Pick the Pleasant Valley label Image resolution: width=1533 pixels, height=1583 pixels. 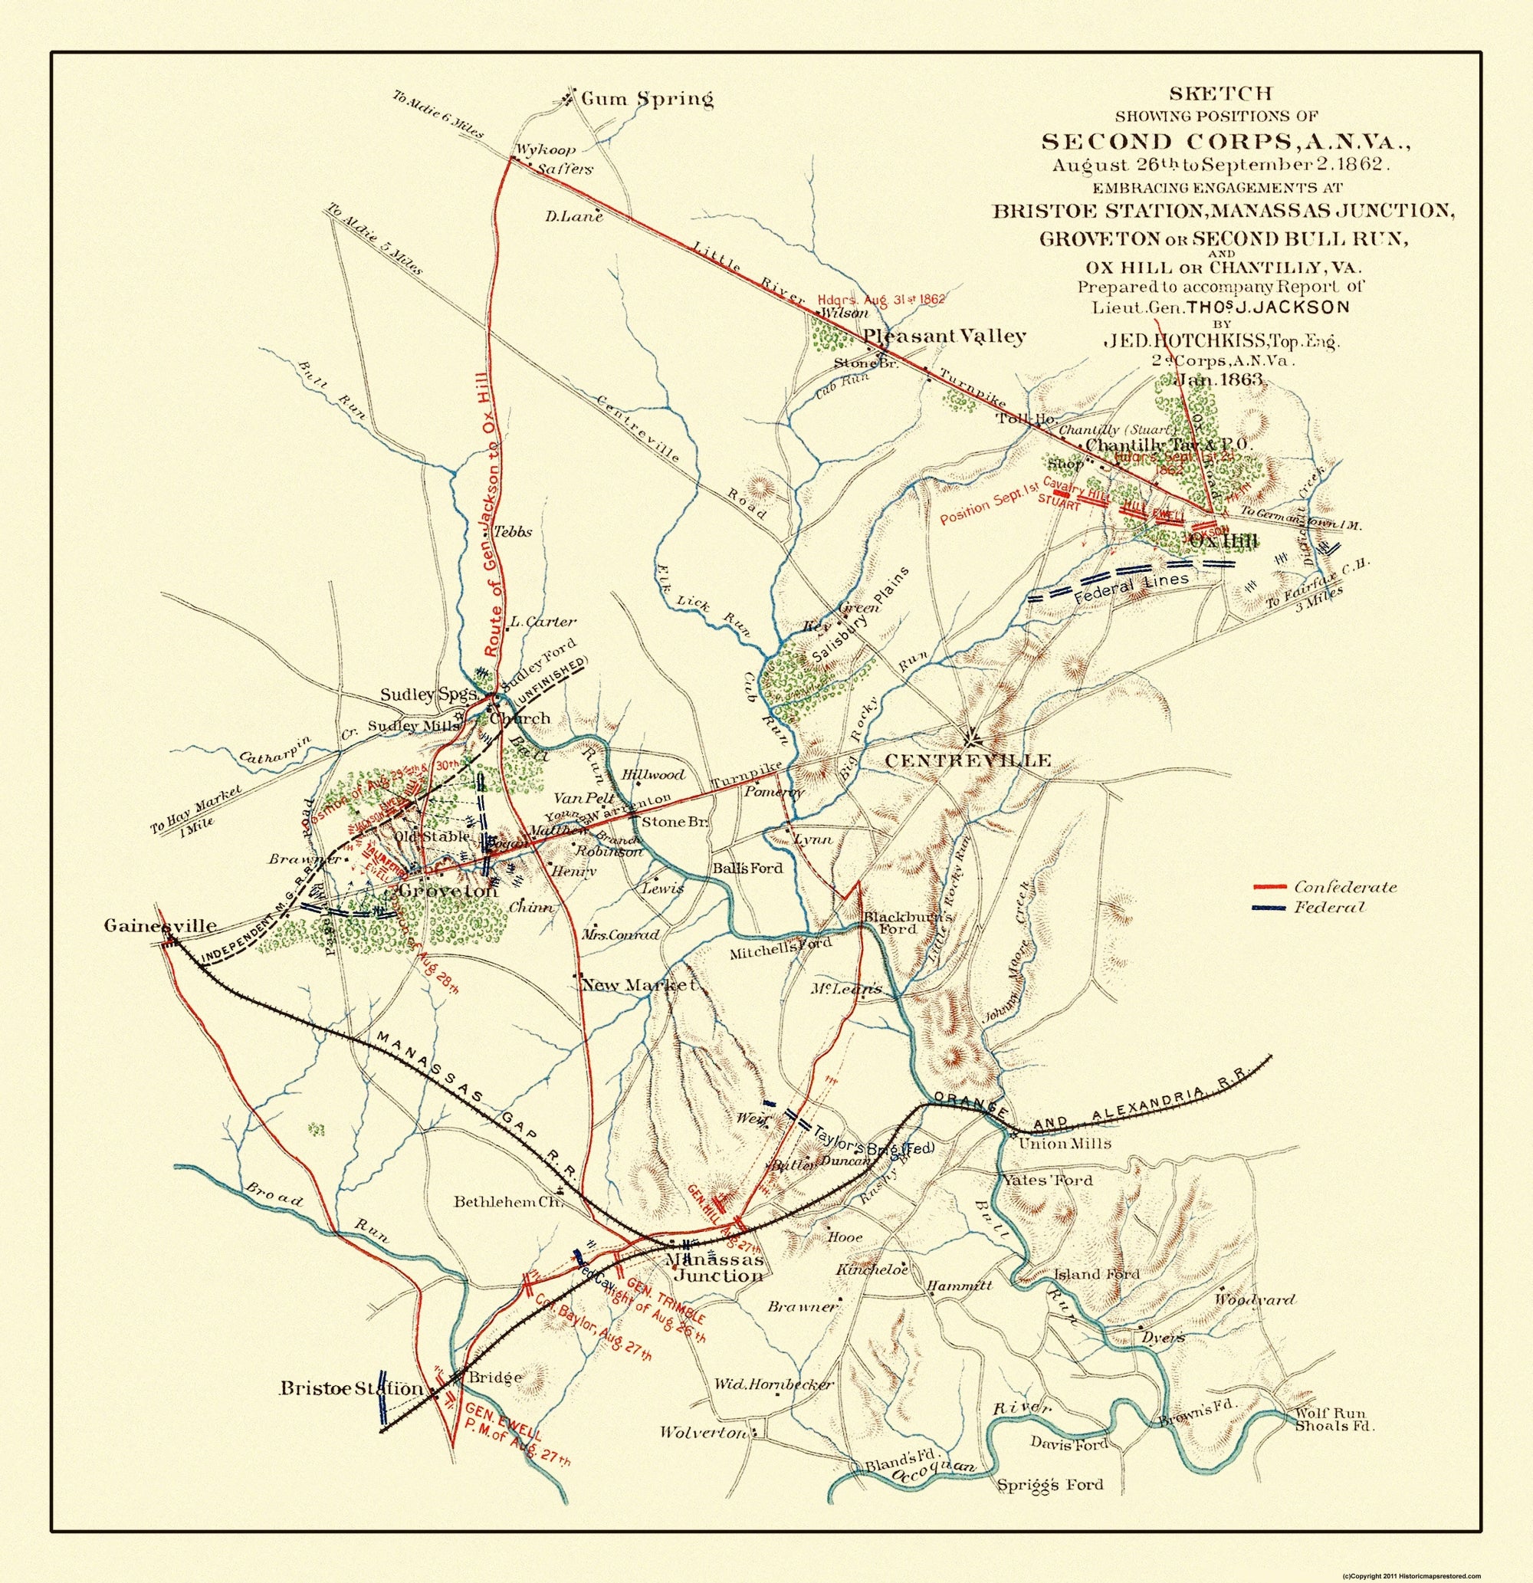(x=944, y=336)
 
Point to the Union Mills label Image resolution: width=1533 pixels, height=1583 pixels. (x=1065, y=1144)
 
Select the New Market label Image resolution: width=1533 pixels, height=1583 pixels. (x=638, y=985)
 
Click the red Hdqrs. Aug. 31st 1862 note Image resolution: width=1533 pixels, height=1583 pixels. (x=881, y=298)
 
